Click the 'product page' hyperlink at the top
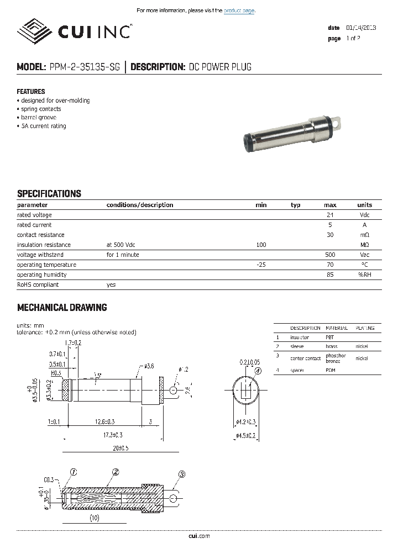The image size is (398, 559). pyautogui.click(x=239, y=10)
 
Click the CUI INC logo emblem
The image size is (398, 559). pyautogui.click(x=36, y=30)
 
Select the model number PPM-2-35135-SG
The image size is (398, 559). pyautogui.click(x=83, y=67)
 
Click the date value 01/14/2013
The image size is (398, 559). pyautogui.click(x=361, y=28)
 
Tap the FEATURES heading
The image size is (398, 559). pyautogui.click(x=31, y=92)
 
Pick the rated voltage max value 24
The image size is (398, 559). pyautogui.click(x=330, y=215)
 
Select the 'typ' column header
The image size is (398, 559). pyautogui.click(x=296, y=205)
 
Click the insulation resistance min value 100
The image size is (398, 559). pyautogui.click(x=261, y=245)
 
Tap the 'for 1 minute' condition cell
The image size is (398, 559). pyautogui.click(x=123, y=255)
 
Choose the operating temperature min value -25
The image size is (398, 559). pyautogui.click(x=261, y=265)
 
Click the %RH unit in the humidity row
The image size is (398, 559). pyautogui.click(x=364, y=275)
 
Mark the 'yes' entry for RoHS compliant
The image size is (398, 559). pyautogui.click(x=111, y=284)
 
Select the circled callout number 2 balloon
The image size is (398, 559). pyautogui.click(x=116, y=472)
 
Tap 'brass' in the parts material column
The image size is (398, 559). pyautogui.click(x=331, y=346)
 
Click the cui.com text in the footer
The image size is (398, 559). pyautogui.click(x=199, y=536)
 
